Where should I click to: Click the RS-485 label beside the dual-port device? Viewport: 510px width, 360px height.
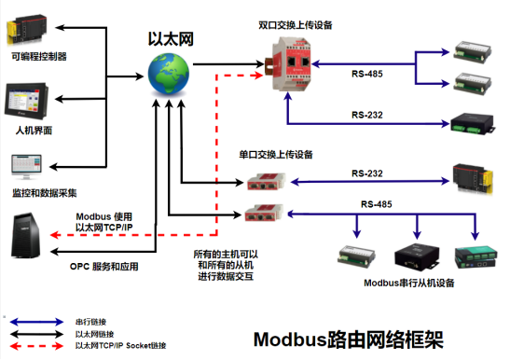(366, 73)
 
